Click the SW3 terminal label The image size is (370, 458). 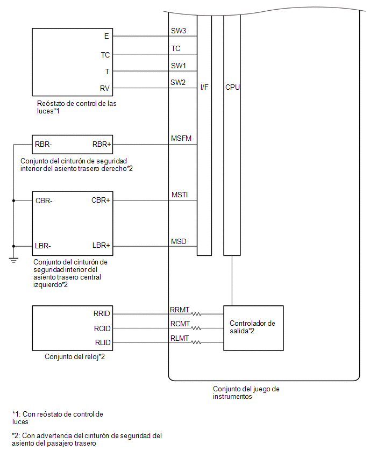point(179,31)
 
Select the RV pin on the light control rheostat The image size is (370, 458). point(105,88)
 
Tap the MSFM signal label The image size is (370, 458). point(181,138)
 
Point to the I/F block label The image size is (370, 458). point(204,87)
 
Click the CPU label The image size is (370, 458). point(232,87)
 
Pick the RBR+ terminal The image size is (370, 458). point(102,144)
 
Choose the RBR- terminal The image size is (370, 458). point(43,144)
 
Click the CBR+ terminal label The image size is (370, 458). point(101,200)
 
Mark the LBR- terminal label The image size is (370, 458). point(42,246)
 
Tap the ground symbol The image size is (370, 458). point(13,260)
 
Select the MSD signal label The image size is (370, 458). point(179,241)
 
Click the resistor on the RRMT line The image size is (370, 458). point(196,314)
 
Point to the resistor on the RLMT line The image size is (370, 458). point(196,342)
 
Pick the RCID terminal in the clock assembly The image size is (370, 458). point(102,328)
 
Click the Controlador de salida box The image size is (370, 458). point(253,328)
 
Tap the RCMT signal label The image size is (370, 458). point(180,324)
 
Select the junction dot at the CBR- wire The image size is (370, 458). point(13,201)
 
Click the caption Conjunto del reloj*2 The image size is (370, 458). point(75,356)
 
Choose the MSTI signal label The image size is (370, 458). point(180,195)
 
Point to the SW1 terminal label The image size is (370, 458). point(179,66)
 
